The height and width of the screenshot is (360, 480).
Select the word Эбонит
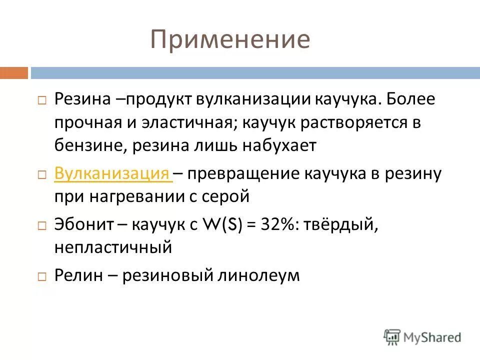tap(82, 225)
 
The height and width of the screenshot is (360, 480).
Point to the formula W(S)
tap(223, 225)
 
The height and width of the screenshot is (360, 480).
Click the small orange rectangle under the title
tap(14, 73)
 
